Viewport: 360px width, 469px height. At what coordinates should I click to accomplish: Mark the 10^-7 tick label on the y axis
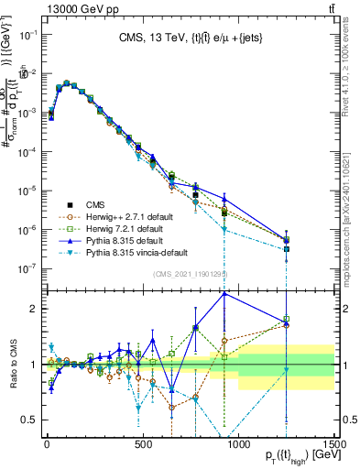pyautogui.click(x=27, y=268)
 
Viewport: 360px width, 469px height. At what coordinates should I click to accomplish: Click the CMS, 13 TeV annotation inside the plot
pyautogui.click(x=190, y=38)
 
